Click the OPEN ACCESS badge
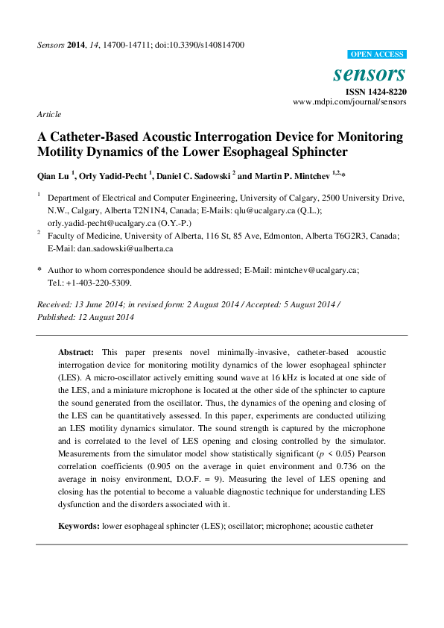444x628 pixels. [377, 54]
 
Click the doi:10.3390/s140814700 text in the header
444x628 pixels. [199, 45]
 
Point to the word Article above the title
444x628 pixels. [48, 114]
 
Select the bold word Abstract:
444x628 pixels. [76, 351]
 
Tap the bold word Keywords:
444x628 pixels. [79, 527]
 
